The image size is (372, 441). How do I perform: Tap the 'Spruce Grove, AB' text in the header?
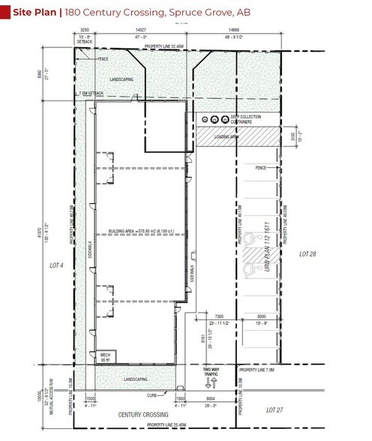coord(221,12)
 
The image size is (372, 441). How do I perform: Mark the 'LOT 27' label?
coord(277,410)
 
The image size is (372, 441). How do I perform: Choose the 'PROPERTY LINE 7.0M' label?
coord(259,370)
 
